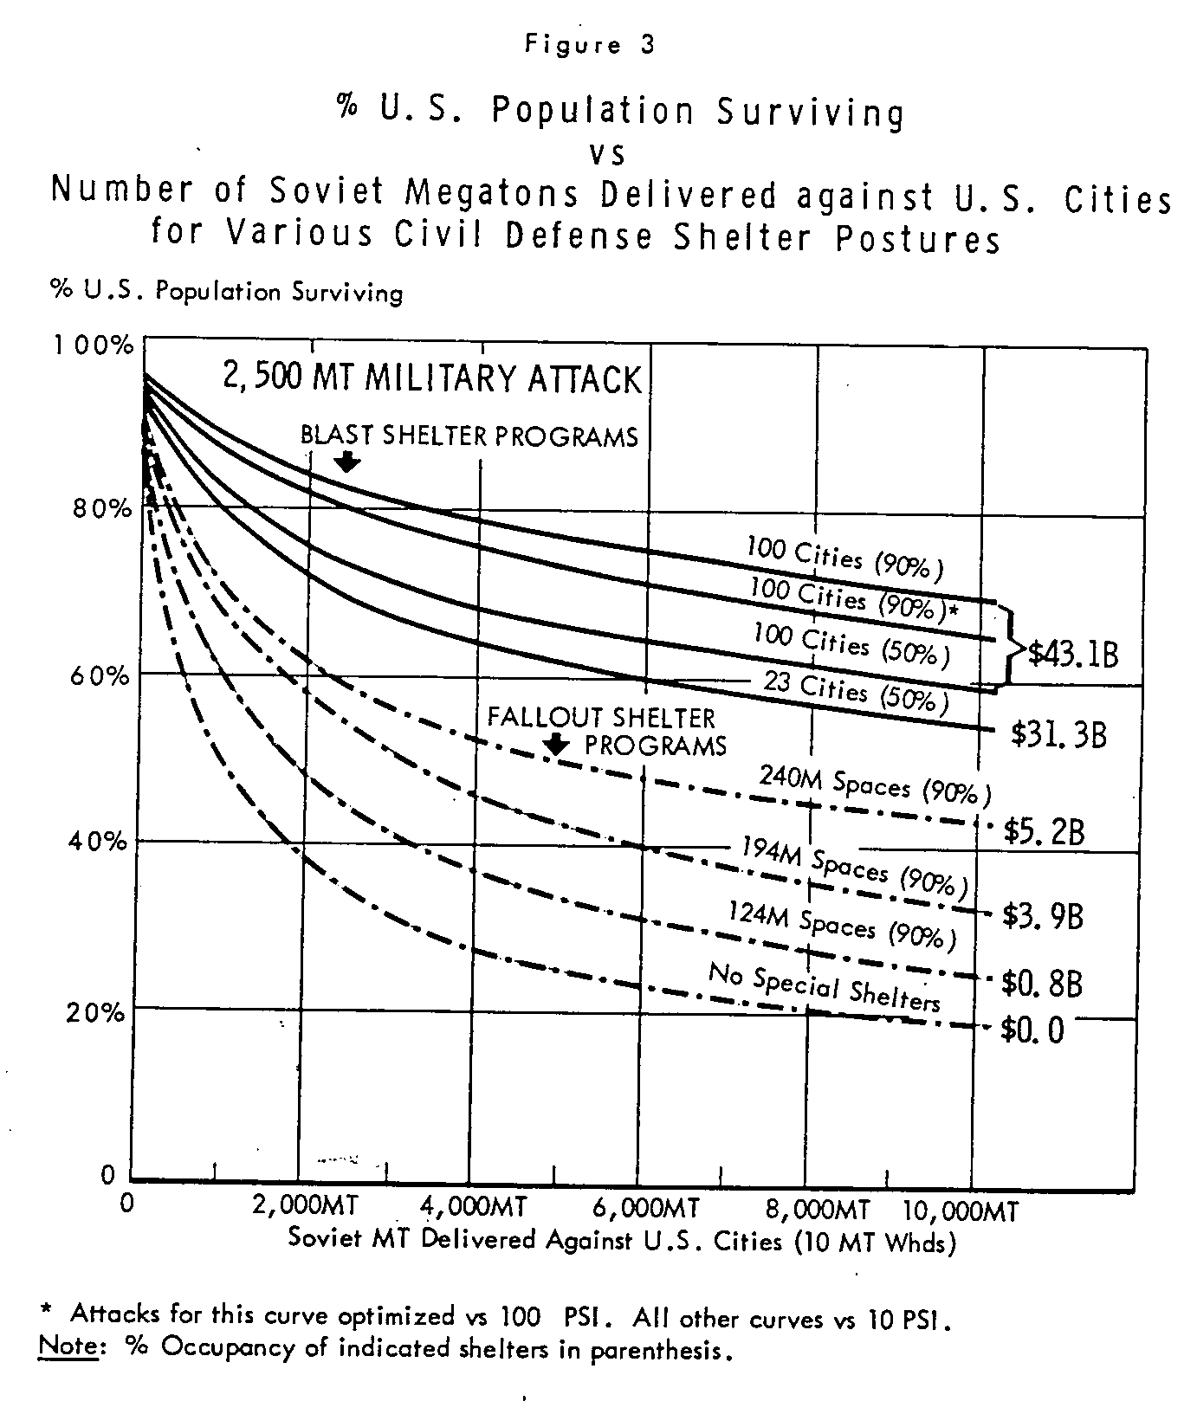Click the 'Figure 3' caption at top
click(x=589, y=46)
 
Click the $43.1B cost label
click(x=1073, y=654)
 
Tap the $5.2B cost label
click(x=1044, y=832)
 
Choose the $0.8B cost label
click(x=1041, y=983)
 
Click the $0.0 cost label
click(x=1032, y=1030)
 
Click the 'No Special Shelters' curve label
click(x=825, y=987)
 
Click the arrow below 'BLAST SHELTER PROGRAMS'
click(x=347, y=462)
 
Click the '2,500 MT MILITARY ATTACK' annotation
click(x=433, y=379)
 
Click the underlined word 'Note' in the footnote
click(x=67, y=1348)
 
